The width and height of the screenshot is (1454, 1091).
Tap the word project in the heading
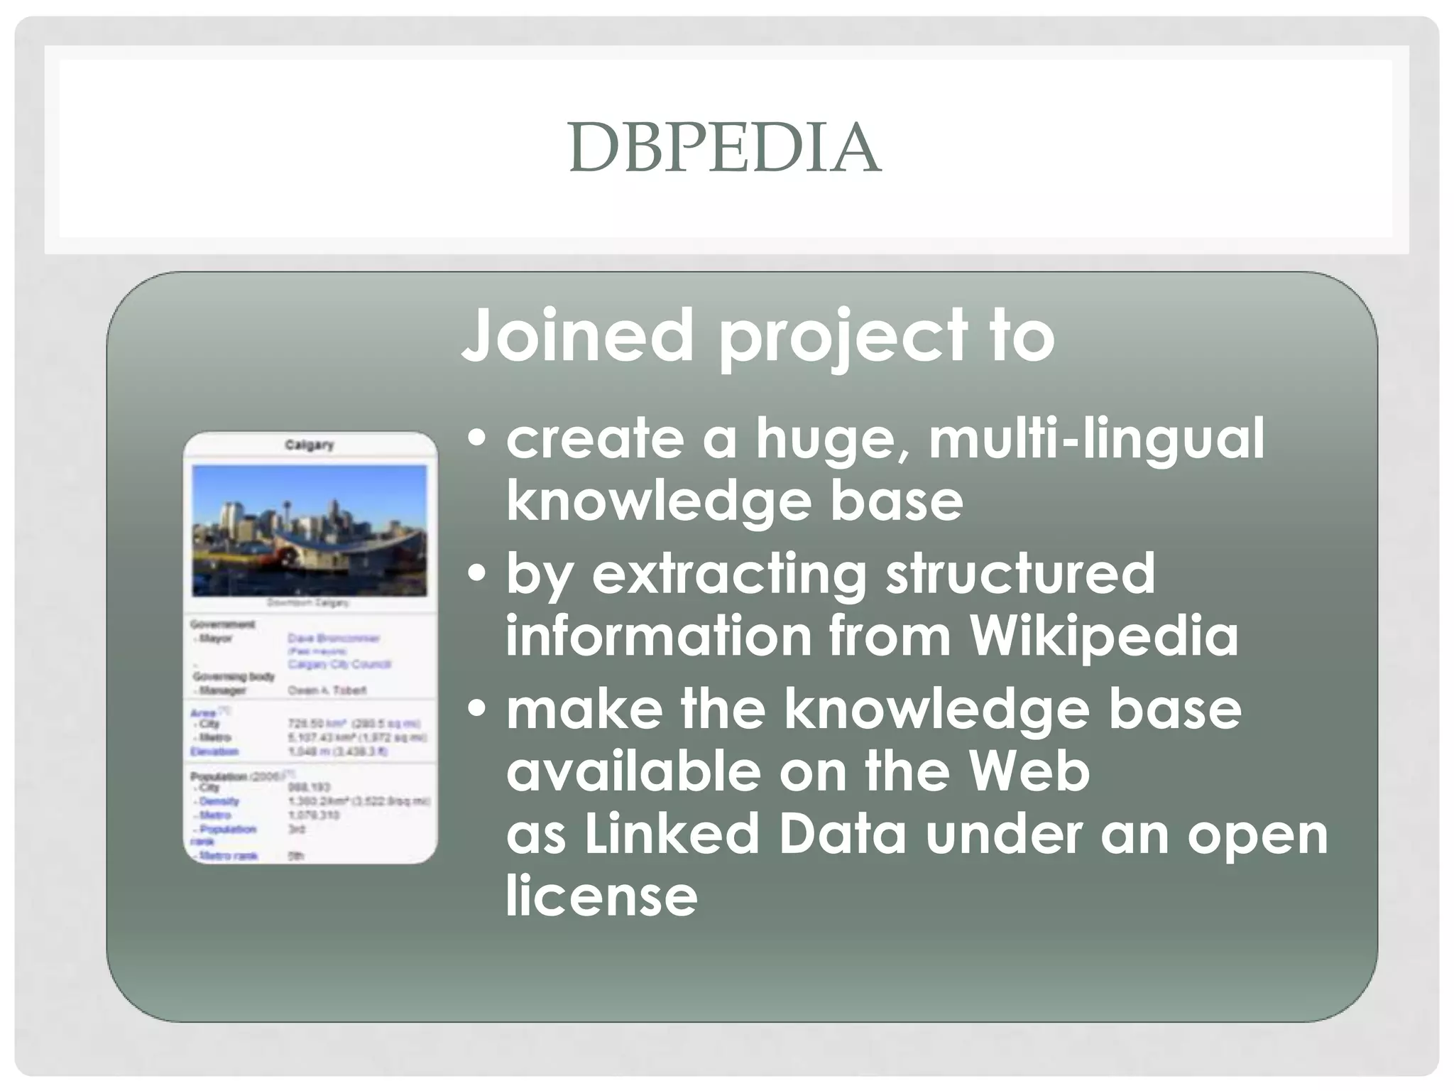842,337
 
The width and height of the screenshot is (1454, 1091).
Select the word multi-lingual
1096,439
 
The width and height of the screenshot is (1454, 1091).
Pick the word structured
1020,574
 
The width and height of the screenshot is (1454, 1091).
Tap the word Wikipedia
1104,635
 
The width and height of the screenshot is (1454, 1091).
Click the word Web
1029,771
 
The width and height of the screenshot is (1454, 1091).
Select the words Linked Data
745,834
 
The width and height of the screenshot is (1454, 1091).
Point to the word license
601,896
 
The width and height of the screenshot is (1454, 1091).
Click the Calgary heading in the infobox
309,445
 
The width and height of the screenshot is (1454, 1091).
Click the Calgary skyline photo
310,530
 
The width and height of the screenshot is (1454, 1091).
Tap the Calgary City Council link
339,664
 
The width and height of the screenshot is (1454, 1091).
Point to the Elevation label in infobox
214,751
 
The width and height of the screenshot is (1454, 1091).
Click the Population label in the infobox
219,776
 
